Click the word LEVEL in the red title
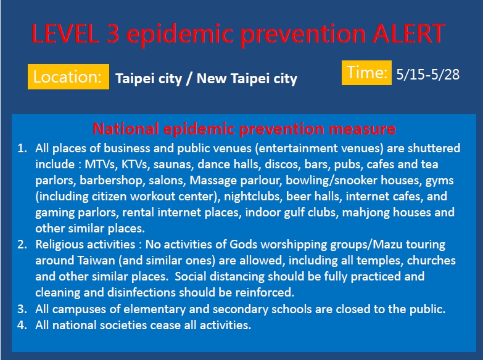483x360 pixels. [x=65, y=33]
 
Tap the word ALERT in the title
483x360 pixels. [x=408, y=33]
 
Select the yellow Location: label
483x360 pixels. [x=68, y=76]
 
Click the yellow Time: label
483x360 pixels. [x=366, y=73]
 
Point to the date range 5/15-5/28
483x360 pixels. [x=428, y=75]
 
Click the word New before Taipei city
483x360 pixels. [x=211, y=78]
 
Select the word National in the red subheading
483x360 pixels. [x=126, y=129]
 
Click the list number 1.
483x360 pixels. [x=22, y=149]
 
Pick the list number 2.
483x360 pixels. [x=22, y=245]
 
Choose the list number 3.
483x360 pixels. [x=22, y=309]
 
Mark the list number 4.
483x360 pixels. [x=22, y=325]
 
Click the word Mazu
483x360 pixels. [x=387, y=245]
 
